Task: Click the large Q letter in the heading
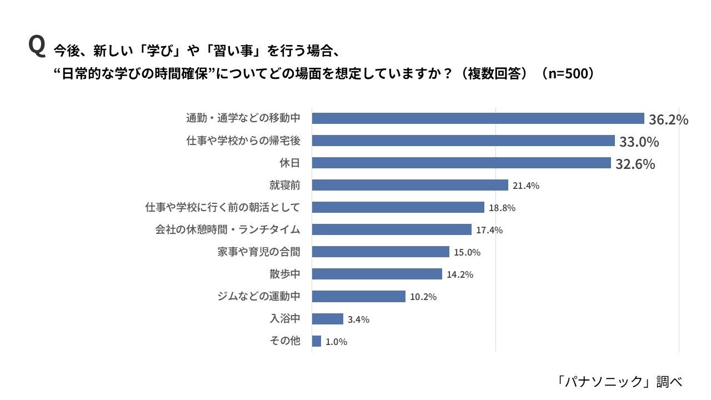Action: click(36, 46)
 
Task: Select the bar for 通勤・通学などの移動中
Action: click(478, 118)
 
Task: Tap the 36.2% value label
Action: click(668, 119)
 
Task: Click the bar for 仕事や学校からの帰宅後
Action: click(463, 141)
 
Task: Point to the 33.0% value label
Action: click(639, 142)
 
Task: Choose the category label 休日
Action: click(289, 163)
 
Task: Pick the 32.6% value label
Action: click(635, 164)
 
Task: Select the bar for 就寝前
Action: click(410, 185)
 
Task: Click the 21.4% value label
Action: click(525, 186)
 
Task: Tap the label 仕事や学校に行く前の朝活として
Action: click(222, 207)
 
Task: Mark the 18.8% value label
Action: click(502, 208)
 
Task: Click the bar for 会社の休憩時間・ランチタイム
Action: click(392, 229)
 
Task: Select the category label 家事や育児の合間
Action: click(258, 252)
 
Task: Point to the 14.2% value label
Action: click(460, 274)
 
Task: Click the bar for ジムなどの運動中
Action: click(359, 296)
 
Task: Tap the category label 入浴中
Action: click(284, 319)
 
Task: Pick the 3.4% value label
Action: click(358, 319)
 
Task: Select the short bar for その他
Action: click(317, 341)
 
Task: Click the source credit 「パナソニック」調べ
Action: click(618, 381)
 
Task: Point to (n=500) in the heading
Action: click(568, 74)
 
